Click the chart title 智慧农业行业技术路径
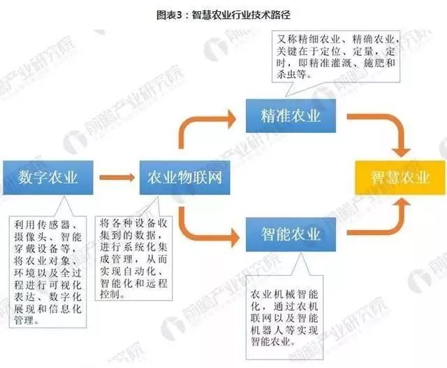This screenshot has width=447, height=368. pyautogui.click(x=237, y=12)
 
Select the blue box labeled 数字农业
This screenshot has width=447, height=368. pyautogui.click(x=48, y=176)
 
